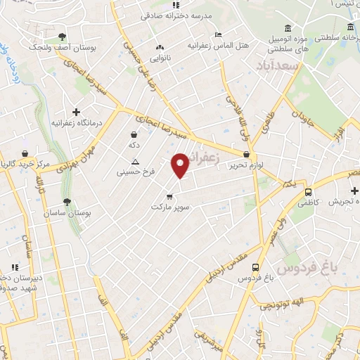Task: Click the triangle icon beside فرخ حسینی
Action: click(x=135, y=162)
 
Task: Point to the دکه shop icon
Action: click(x=134, y=134)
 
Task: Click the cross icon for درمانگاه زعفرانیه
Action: click(x=76, y=112)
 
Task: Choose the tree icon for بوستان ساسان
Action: click(x=67, y=202)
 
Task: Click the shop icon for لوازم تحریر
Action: click(x=246, y=154)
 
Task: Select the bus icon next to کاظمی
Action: click(x=308, y=191)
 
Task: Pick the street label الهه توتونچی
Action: click(x=281, y=304)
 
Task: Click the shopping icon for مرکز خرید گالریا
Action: click(x=25, y=153)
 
